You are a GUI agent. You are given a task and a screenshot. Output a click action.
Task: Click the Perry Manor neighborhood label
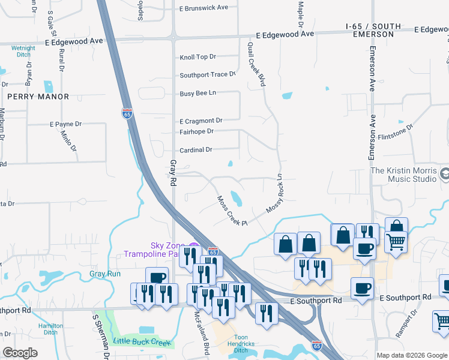[x=38, y=96]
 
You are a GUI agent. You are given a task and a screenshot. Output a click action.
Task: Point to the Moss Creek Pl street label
[x=232, y=211]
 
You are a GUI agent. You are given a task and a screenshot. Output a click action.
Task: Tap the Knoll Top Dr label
[x=197, y=57]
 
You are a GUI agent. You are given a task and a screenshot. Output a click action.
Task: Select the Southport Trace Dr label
[x=208, y=75]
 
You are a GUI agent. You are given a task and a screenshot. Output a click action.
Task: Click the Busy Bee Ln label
[x=197, y=94]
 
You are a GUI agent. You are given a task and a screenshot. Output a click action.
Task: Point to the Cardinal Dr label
[x=196, y=150]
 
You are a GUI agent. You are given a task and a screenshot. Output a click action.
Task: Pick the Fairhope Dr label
[x=196, y=131]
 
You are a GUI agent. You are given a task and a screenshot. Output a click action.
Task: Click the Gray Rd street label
[x=173, y=172]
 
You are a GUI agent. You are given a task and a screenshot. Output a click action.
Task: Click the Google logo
[x=20, y=353]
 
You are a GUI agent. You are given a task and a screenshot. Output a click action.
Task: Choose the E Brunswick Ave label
[x=203, y=8]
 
